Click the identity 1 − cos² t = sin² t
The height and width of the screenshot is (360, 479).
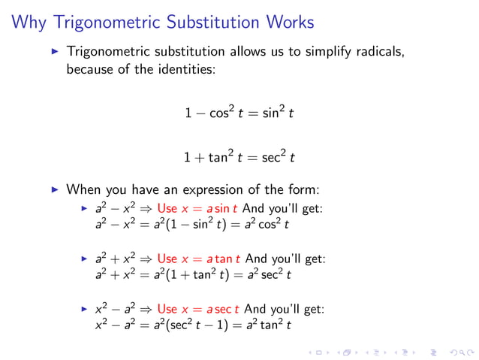pyautogui.click(x=239, y=113)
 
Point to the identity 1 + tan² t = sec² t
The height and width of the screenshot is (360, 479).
pyautogui.click(x=239, y=158)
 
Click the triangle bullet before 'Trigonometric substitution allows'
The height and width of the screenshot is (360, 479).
pyautogui.click(x=54, y=53)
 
